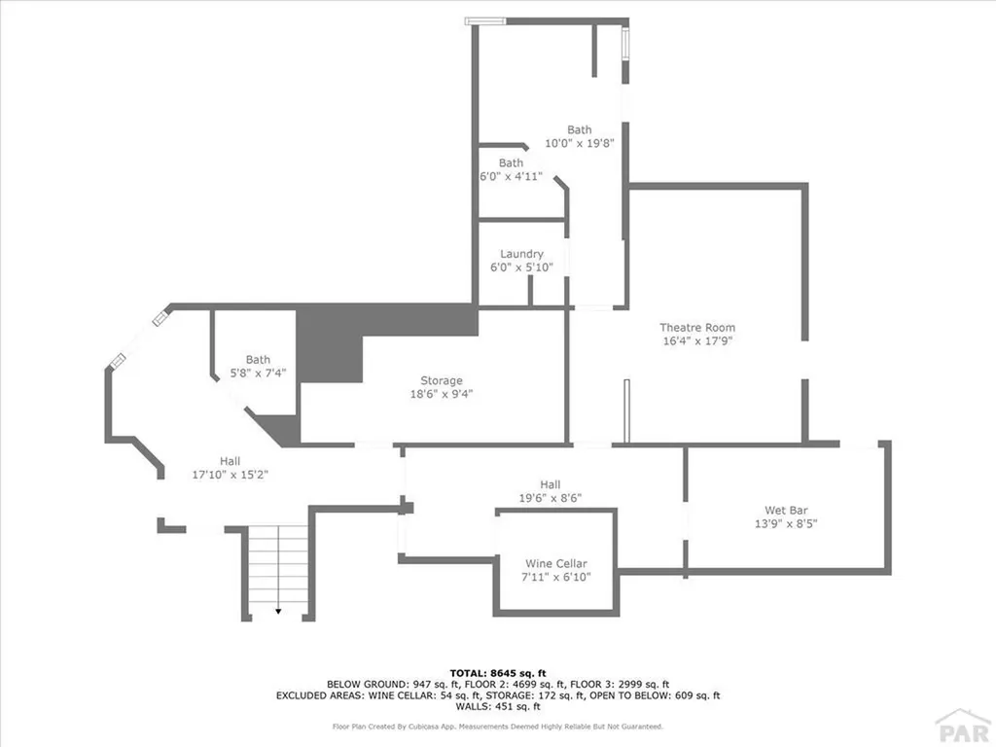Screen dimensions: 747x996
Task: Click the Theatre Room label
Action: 697,328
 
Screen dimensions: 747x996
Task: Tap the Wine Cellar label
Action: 555,564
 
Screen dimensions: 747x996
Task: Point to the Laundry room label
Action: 521,255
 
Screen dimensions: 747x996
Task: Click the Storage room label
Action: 441,380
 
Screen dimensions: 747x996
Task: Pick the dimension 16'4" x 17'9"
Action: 697,341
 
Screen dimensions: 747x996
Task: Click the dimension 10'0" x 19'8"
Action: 579,143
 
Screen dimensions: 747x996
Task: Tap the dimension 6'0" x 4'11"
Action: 511,176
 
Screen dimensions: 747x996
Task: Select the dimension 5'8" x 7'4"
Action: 258,373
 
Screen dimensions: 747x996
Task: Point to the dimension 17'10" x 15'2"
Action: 230,475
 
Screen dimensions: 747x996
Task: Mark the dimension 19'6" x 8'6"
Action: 550,497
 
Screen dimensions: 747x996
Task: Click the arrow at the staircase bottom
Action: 278,611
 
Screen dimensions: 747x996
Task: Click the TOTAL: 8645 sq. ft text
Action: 497,672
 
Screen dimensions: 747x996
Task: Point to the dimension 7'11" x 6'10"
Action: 555,578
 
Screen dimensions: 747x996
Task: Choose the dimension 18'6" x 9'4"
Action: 441,394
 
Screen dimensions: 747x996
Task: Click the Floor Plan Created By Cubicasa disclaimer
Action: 497,726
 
